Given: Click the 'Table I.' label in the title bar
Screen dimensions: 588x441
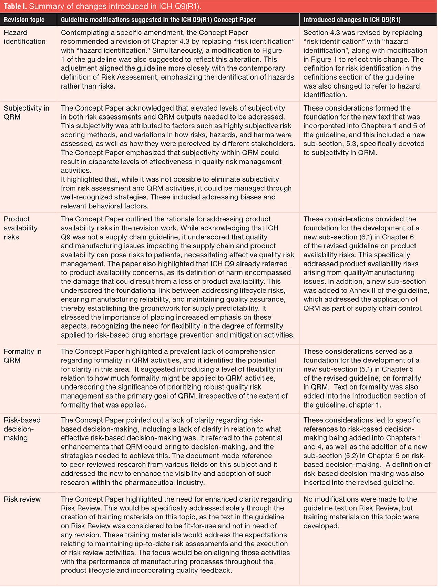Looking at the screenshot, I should pyautogui.click(x=15, y=7).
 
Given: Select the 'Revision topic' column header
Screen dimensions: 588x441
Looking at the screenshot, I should pyautogui.click(x=24, y=20).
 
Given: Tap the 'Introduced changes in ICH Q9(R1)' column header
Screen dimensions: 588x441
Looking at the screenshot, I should pyautogui.click(x=352, y=20).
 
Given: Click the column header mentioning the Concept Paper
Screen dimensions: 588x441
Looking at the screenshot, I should pyautogui.click(x=158, y=20).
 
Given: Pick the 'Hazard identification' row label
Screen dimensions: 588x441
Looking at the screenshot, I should pyautogui.click(x=24, y=37).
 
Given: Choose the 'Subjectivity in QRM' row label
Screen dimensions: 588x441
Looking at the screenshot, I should pyautogui.click(x=26, y=113).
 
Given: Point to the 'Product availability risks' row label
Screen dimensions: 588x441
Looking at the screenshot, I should pyautogui.click(x=20, y=228).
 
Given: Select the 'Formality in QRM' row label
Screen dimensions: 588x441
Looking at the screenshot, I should pyautogui.click(x=22, y=356).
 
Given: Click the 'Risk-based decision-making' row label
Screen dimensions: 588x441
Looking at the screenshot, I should pyautogui.click(x=22, y=429).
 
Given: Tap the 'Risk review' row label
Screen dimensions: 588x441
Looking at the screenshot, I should pyautogui.click(x=22, y=499).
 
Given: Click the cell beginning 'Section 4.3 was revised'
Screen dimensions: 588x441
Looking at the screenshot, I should pyautogui.click(x=365, y=64).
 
